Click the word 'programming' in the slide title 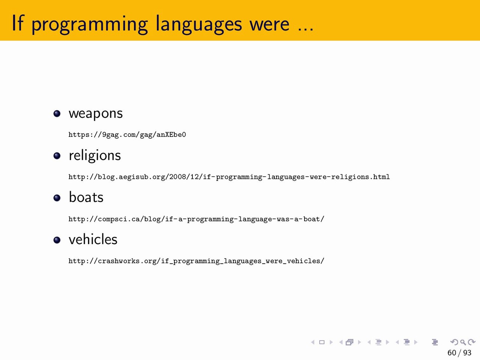coord(90,24)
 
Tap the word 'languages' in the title coord(199,24)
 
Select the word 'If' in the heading coord(18,23)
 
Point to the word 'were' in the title coord(269,24)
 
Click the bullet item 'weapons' coord(96,114)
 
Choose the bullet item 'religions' coord(95,155)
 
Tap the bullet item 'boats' coord(86,197)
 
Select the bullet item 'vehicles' coord(93,239)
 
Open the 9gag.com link coord(127,135)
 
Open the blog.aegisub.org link coord(229,177)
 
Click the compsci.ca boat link coord(196,219)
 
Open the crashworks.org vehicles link coord(196,261)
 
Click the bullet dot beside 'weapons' coord(57,114)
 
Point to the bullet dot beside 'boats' coord(57,198)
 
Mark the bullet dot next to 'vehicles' coord(57,240)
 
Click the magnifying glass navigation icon coord(463,342)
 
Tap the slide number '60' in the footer coord(452,353)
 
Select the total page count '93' coord(467,353)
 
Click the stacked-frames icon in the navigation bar coord(349,342)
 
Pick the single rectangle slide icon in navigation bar coord(322,342)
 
